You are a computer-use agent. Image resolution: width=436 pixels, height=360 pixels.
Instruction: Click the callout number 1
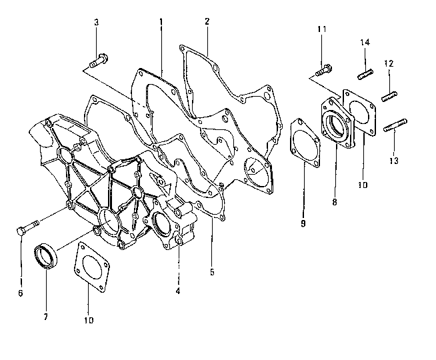[x=161, y=22]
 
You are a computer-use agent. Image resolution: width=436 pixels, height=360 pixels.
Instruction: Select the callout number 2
[x=207, y=21]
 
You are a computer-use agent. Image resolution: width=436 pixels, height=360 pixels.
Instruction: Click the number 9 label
[x=303, y=224]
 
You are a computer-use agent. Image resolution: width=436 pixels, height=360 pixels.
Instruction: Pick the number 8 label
[x=335, y=199]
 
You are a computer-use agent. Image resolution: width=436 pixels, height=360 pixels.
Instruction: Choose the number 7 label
[x=45, y=317]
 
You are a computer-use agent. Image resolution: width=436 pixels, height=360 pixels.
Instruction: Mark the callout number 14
[x=365, y=43]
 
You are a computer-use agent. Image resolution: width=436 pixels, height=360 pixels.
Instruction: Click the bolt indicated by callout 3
[x=98, y=59]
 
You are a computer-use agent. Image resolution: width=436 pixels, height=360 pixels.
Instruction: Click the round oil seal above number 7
[x=47, y=255]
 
